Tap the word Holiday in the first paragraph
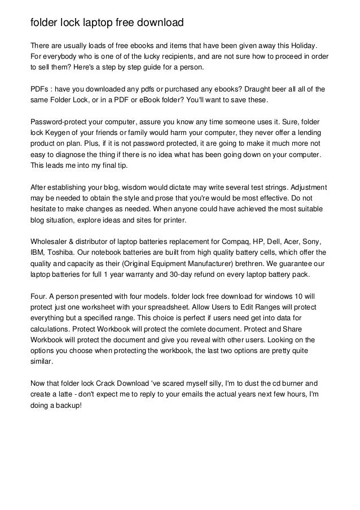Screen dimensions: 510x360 tap(302, 45)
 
